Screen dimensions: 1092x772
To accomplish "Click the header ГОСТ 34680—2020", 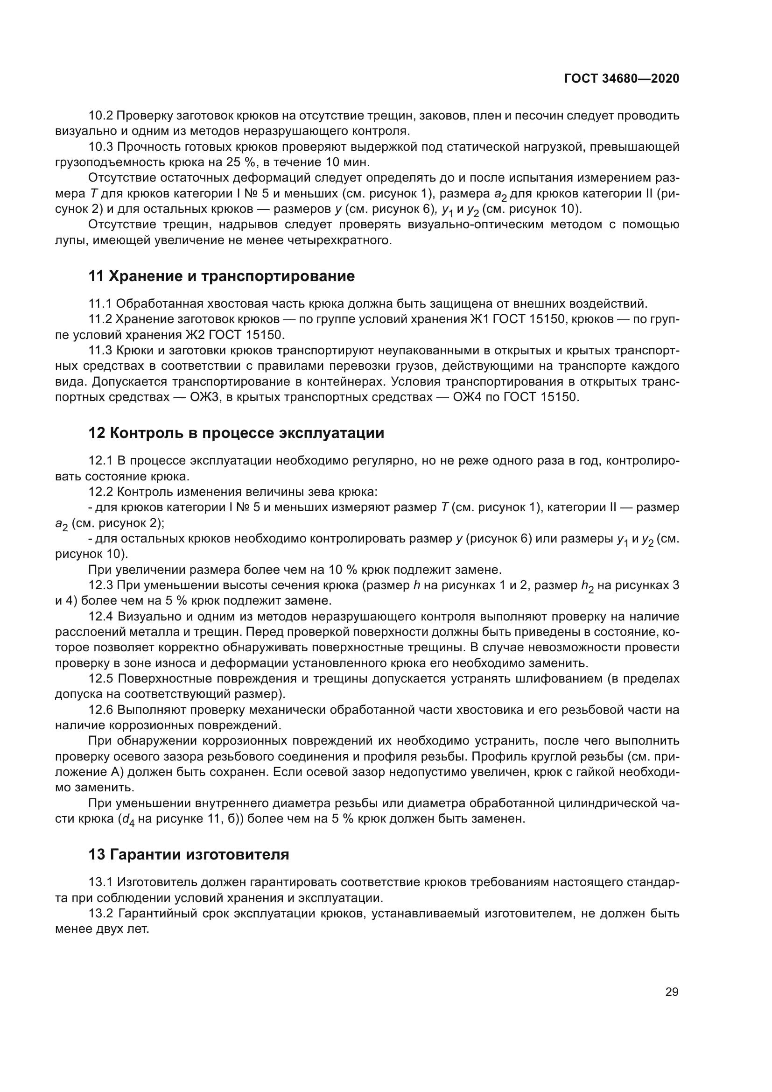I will click(x=621, y=78).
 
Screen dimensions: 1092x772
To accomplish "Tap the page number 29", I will click(x=672, y=992).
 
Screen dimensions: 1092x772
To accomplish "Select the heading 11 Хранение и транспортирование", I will click(x=222, y=276).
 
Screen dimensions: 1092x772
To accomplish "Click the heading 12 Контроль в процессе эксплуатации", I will click(x=236, y=433).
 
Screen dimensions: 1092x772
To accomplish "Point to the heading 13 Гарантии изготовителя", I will click(x=189, y=855).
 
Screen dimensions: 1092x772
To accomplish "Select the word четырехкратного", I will click(x=340, y=240).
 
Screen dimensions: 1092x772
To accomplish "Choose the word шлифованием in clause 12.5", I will click(x=558, y=678).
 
